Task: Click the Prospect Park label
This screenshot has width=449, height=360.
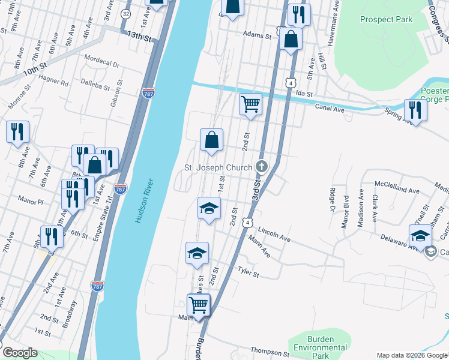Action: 386,19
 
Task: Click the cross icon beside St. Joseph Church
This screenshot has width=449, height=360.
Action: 261,166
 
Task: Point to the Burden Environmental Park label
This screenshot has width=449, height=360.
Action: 318,347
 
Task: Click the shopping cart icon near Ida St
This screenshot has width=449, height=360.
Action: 250,104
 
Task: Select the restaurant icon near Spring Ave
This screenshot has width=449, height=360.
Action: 415,109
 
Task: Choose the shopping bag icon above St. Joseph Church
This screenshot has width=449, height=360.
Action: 211,140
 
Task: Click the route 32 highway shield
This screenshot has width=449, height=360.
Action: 125,13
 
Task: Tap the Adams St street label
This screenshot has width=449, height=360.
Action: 257,35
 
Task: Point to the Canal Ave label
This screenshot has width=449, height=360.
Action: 330,107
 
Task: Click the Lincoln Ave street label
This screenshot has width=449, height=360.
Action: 274,234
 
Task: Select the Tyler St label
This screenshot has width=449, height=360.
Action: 248,273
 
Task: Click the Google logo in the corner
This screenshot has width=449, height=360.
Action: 19,353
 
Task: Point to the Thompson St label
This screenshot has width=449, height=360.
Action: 270,352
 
